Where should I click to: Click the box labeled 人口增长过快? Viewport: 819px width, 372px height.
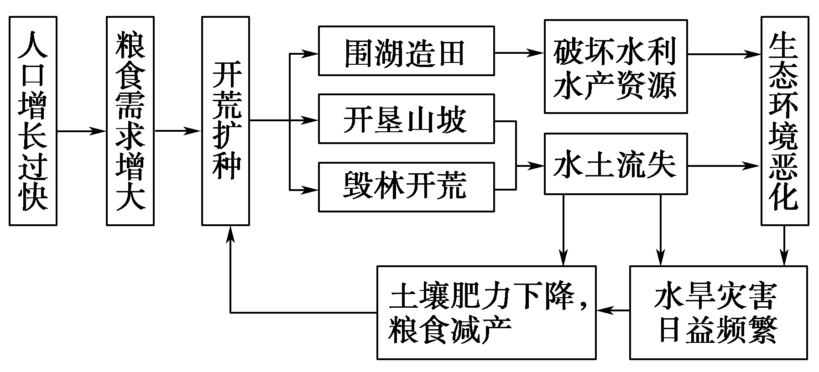[x=33, y=121]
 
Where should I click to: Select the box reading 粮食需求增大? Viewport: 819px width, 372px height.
[x=130, y=121]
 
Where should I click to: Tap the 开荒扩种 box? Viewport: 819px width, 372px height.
[x=226, y=121]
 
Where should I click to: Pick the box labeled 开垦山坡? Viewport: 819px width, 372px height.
[x=406, y=119]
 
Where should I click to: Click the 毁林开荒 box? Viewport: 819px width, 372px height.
[x=406, y=187]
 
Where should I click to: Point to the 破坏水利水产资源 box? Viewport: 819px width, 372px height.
[x=616, y=67]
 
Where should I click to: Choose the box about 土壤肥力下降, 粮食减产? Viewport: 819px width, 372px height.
[x=486, y=313]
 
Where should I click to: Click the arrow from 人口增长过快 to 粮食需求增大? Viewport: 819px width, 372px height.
[x=81, y=131]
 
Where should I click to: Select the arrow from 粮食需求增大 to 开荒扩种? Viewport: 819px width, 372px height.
[x=177, y=131]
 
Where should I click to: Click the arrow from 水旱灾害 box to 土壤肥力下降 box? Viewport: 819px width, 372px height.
[x=613, y=311]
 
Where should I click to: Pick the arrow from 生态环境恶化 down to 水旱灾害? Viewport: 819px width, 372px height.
[x=784, y=246]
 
